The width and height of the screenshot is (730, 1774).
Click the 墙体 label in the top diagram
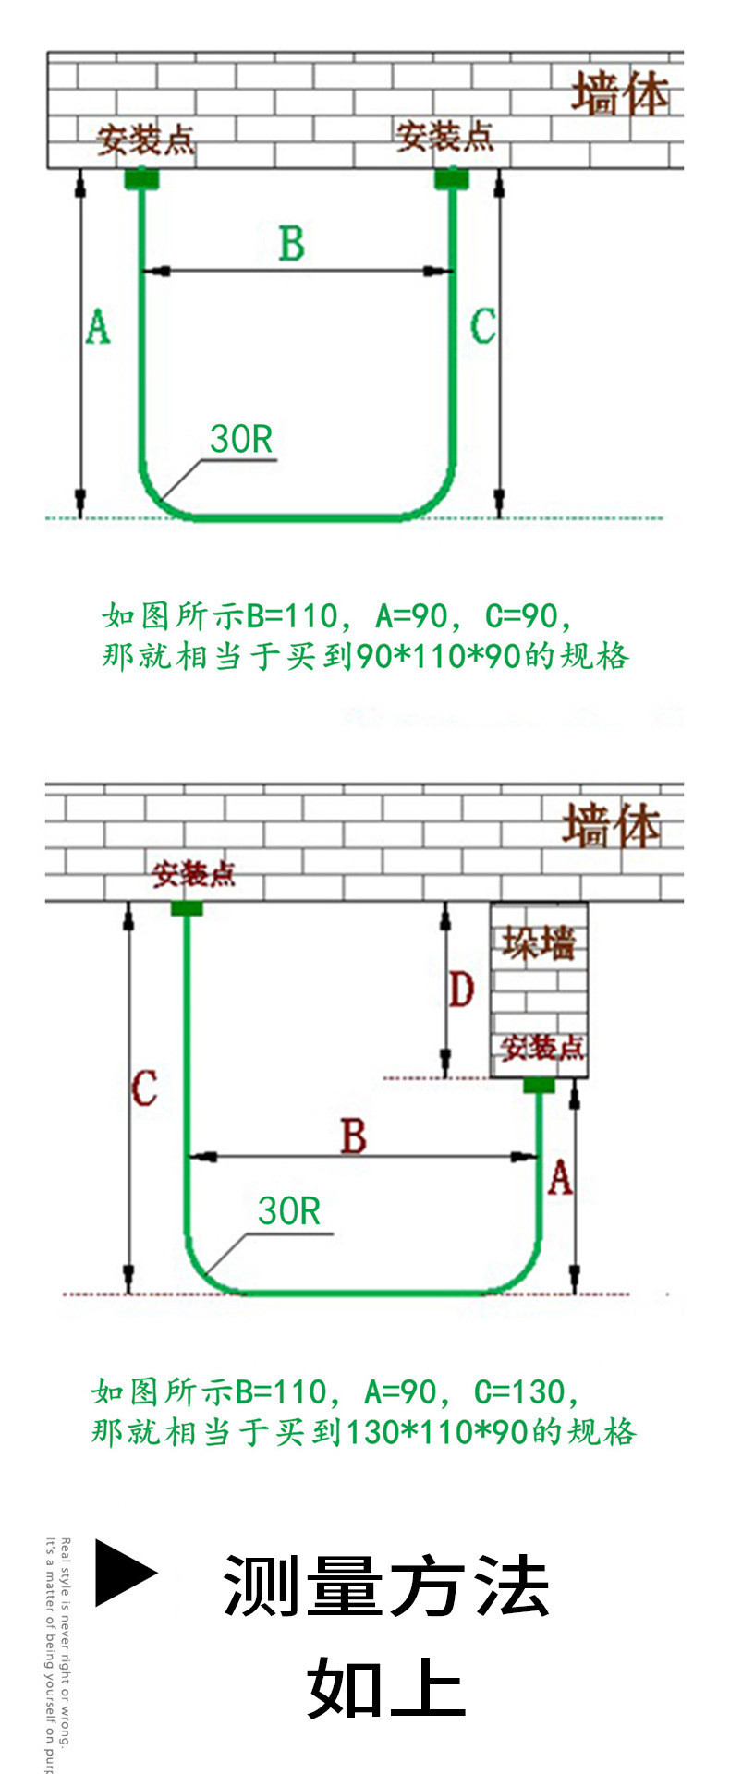coord(620,95)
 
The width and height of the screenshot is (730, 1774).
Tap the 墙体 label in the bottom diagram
coord(612,825)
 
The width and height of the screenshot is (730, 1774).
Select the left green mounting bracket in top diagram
coord(141,176)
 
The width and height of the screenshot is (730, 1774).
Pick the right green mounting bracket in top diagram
coord(452,176)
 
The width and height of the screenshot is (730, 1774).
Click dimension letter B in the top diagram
coord(292,244)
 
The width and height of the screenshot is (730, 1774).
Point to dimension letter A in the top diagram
coord(98,327)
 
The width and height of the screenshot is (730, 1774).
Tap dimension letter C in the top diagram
coord(482,326)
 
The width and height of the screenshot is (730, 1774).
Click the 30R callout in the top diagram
coord(241,440)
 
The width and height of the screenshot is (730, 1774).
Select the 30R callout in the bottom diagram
coord(288,1211)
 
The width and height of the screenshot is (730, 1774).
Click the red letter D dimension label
coord(461,990)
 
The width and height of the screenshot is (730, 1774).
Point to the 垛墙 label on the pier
coord(539,942)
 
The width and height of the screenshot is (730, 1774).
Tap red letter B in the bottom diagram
coord(354,1136)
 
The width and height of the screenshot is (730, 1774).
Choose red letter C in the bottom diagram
coord(144,1088)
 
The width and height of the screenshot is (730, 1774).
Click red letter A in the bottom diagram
coord(560,1178)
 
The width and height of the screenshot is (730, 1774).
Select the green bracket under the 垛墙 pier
coord(539,1085)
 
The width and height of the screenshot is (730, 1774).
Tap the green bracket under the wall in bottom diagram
coord(187,908)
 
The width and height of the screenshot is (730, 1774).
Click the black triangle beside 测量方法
coord(126,1573)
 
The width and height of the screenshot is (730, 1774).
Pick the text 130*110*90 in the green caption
coord(435,1433)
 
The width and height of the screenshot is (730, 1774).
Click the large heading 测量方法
coord(386,1586)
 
